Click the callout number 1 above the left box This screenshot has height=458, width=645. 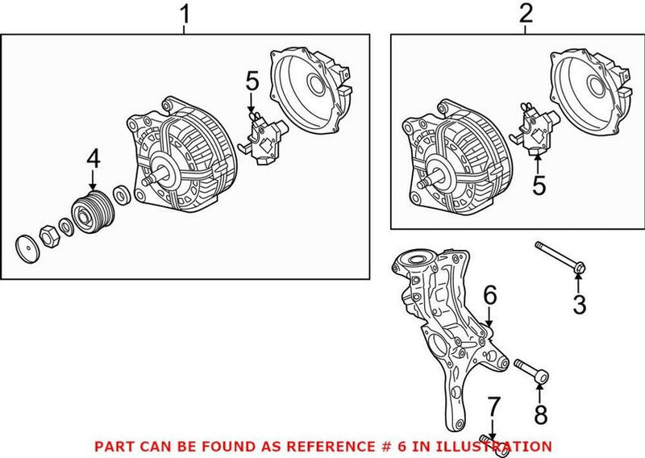pyautogui.click(x=185, y=14)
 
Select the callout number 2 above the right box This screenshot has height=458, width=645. pyautogui.click(x=526, y=14)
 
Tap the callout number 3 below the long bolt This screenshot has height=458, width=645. pyautogui.click(x=579, y=306)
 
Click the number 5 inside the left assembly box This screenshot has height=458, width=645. pyautogui.click(x=252, y=81)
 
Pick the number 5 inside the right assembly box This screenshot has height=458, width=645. pyautogui.click(x=539, y=185)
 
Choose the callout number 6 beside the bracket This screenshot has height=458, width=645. pyautogui.click(x=489, y=297)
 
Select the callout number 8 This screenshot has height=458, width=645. pyautogui.click(x=539, y=415)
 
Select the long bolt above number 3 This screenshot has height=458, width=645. pyautogui.click(x=560, y=257)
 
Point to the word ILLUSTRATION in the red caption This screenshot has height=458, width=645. pyautogui.click(x=499, y=445)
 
